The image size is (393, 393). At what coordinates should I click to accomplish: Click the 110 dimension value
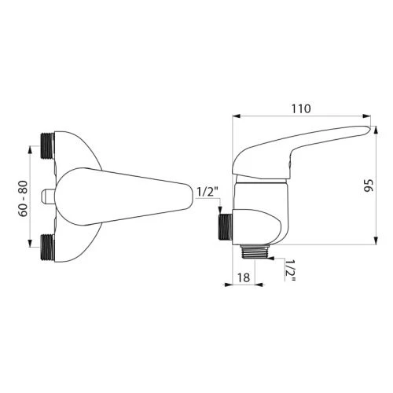301,108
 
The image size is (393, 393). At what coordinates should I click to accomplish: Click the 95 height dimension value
369,185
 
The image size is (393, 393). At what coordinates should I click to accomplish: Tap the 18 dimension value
244,277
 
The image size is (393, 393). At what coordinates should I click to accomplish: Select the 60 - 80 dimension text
23,198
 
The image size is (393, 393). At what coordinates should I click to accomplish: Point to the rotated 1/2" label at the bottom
290,270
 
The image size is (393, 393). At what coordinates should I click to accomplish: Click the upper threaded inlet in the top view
48,145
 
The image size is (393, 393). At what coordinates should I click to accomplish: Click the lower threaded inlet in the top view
47,247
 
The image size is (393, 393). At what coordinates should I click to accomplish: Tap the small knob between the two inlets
49,196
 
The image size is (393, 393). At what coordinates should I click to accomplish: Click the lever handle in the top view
124,196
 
